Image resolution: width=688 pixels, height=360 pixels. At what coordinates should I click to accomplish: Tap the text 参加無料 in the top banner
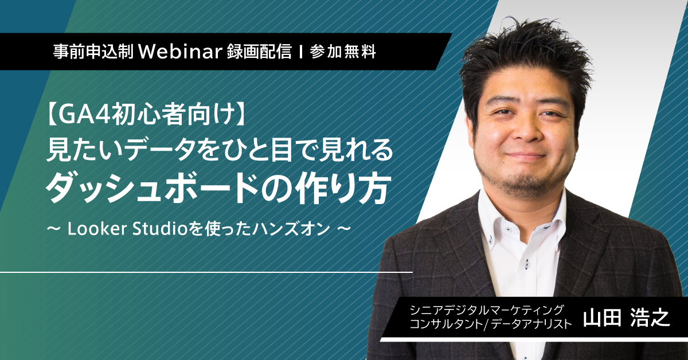[343, 52]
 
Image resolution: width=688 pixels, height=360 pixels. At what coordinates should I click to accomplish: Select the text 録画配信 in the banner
[259, 52]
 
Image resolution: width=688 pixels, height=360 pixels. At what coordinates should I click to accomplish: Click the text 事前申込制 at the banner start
[93, 52]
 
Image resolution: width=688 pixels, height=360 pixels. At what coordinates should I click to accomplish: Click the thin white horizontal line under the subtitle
[206, 272]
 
